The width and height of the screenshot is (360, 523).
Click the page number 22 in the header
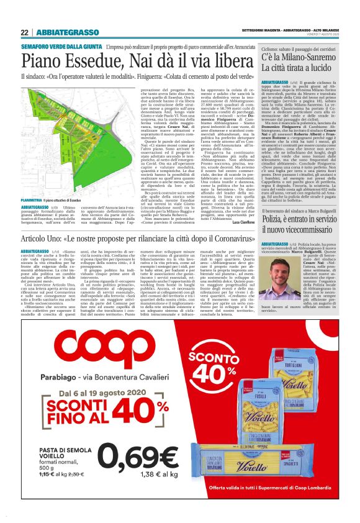pos(25,32)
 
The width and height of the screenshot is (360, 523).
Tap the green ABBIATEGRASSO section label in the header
pos(67,32)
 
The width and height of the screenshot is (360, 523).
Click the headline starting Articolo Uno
pos(133,239)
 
